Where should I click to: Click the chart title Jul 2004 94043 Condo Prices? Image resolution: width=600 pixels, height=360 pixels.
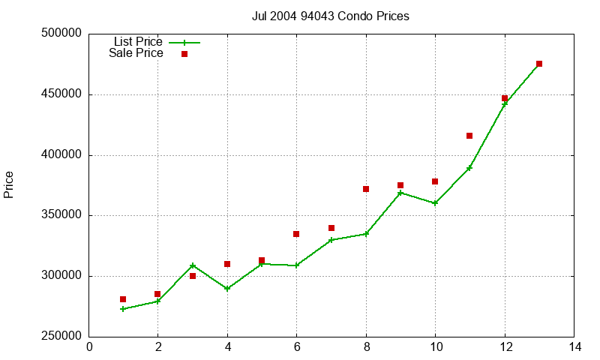click(330, 16)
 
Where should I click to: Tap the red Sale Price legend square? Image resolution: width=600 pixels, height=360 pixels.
click(184, 54)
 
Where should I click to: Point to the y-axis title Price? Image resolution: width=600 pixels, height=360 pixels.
click(8, 184)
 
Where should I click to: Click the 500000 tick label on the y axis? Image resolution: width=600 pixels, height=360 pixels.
click(61, 33)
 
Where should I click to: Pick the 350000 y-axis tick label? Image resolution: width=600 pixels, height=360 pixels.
click(61, 215)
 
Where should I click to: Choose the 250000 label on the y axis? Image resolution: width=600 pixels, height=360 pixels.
click(61, 336)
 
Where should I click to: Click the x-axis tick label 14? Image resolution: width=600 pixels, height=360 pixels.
click(574, 347)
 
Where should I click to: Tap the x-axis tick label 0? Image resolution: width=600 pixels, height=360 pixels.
click(89, 347)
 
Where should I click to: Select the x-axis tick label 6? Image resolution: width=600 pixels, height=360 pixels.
click(297, 347)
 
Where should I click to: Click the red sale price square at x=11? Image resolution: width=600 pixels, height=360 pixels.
click(469, 136)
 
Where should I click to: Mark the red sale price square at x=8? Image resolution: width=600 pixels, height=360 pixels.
click(366, 189)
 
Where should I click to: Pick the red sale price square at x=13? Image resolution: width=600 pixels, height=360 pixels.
click(539, 64)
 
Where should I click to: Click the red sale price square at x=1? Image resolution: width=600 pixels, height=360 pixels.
click(123, 299)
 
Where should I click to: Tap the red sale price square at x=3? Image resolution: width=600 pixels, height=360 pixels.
click(193, 276)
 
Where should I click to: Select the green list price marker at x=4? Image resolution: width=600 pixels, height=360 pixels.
click(227, 289)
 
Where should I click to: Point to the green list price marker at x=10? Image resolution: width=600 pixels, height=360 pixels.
click(435, 203)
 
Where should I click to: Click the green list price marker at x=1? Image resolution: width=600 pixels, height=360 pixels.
click(123, 309)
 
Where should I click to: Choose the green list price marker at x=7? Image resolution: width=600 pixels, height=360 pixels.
click(331, 240)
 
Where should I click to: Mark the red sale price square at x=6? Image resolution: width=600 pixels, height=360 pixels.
click(296, 234)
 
